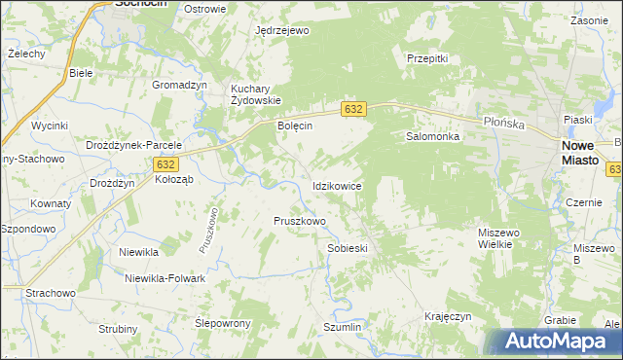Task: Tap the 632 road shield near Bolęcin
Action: (353, 110)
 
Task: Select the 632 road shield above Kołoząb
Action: (165, 166)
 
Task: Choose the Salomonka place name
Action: (432, 137)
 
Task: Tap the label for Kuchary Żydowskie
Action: (255, 94)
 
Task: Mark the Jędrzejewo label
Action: (281, 31)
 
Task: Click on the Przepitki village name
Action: (426, 58)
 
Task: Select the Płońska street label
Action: (504, 124)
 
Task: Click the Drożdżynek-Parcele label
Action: (133, 145)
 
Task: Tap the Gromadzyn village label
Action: (180, 85)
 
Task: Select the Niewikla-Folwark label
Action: (165, 278)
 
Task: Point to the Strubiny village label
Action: (118, 329)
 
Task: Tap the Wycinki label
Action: (49, 126)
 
